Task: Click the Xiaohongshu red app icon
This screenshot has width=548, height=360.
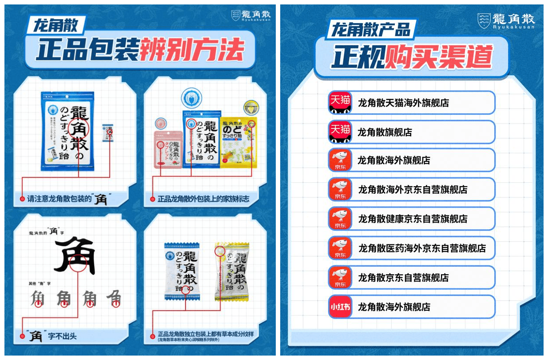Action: tap(340, 307)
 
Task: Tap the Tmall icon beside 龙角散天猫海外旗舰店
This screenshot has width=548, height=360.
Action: tap(340, 103)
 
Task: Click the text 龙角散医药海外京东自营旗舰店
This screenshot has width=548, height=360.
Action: tap(422, 248)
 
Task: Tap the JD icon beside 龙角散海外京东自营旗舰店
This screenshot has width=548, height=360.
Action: tap(340, 189)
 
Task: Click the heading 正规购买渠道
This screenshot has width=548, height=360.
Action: tap(412, 57)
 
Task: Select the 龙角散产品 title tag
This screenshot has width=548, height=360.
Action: tap(371, 30)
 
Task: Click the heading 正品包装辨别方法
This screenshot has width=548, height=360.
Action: tap(140, 50)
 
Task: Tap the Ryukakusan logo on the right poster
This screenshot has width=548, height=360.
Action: tap(506, 20)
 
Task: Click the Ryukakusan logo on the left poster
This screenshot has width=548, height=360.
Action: tap(251, 16)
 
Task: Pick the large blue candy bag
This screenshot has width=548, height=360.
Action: tap(68, 131)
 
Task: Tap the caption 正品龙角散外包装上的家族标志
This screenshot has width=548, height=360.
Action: tap(203, 199)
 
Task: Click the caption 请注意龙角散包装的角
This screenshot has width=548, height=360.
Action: tap(67, 199)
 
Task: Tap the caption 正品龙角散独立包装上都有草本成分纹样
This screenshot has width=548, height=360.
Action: tap(209, 334)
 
